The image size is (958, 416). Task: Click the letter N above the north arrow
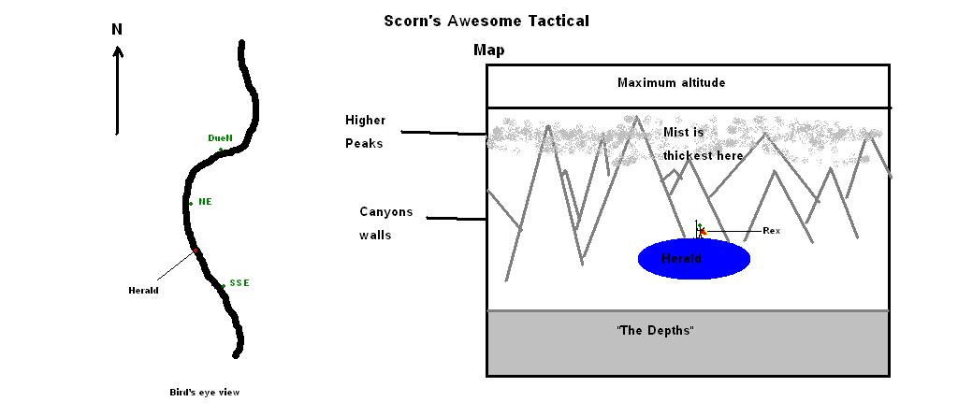(x=117, y=29)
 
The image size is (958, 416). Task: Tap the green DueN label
(x=220, y=138)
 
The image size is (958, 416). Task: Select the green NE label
(x=205, y=201)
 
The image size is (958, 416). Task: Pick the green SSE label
(x=239, y=282)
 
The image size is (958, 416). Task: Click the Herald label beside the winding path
(x=143, y=290)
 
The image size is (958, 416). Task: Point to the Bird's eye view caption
(x=197, y=393)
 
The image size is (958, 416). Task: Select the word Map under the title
(x=488, y=50)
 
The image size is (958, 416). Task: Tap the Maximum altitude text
(x=671, y=83)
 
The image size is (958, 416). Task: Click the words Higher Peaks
(x=365, y=132)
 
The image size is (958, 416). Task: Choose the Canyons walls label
(x=385, y=223)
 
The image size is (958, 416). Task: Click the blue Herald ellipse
(x=693, y=259)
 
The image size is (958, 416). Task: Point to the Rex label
(x=771, y=230)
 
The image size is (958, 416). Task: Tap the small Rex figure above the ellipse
(x=699, y=229)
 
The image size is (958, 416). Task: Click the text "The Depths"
(x=655, y=332)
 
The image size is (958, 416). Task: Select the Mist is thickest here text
(x=704, y=144)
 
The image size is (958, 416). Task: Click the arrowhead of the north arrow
(x=118, y=52)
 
